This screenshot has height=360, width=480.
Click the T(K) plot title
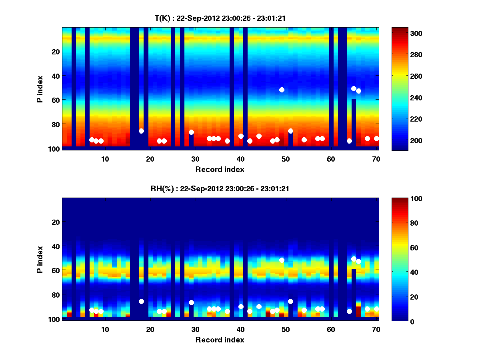point(220,18)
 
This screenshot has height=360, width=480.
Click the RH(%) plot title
point(220,189)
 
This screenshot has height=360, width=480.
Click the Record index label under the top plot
point(220,170)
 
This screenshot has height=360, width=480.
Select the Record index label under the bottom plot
point(220,340)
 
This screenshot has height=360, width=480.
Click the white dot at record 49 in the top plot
point(282,90)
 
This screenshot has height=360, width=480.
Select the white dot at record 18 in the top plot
point(141,131)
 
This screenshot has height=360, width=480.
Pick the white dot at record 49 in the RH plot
point(282,260)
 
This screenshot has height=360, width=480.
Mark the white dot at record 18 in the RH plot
point(141,301)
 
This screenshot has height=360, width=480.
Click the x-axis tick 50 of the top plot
point(286,159)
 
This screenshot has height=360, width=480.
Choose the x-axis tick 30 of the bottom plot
point(195,329)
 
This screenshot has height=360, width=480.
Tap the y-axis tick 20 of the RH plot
point(56,222)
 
